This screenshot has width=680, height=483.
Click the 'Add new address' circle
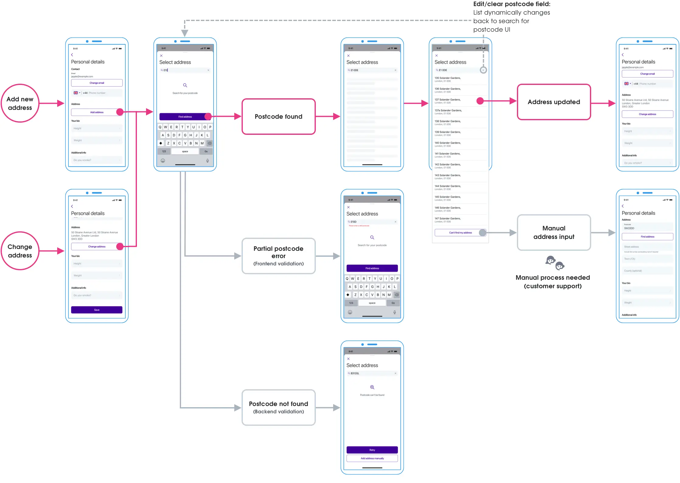20,103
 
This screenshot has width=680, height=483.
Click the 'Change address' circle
20,251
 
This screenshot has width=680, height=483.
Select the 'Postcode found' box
278,117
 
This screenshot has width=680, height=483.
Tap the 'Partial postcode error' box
278,256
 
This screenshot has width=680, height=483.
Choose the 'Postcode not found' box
278,407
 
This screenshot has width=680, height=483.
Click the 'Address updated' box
554,102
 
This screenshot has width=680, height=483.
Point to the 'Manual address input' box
554,233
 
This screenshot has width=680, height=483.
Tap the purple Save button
97,310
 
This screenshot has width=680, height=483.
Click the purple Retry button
372,450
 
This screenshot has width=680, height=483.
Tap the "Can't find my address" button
460,233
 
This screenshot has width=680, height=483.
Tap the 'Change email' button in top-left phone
97,83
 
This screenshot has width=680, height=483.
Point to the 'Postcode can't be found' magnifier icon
372,387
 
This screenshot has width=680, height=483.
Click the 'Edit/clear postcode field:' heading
512,4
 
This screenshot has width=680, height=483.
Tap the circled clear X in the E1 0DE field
483,70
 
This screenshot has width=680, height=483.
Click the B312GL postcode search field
372,373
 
